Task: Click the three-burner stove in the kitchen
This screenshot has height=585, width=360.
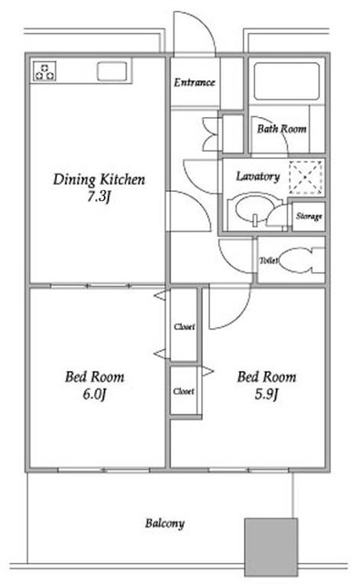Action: pos(45,71)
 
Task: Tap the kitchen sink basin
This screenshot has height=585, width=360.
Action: pos(111,71)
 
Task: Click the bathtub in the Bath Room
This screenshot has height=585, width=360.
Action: pos(287,81)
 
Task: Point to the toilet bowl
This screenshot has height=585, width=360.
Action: pos(297,260)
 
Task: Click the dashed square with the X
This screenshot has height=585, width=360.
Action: pos(305,177)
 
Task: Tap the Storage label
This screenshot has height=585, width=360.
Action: pos(309,217)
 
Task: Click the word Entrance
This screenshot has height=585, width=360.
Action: pos(195,82)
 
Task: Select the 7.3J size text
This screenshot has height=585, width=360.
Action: pos(99,197)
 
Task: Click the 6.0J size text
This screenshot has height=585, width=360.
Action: pos(95,394)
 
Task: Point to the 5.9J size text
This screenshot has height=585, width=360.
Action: pos(267,394)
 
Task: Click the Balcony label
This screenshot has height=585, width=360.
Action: pos(164,524)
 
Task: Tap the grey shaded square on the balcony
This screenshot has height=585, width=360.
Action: pos(270,547)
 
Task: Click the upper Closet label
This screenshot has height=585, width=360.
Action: pos(185,327)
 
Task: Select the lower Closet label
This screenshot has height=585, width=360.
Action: pos(184,391)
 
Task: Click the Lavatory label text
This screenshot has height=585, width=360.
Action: pos(258,176)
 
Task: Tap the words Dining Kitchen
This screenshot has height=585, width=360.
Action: pos(99,180)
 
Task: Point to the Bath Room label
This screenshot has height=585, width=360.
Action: pos(281,129)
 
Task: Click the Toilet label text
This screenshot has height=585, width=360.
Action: pos(269,261)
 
